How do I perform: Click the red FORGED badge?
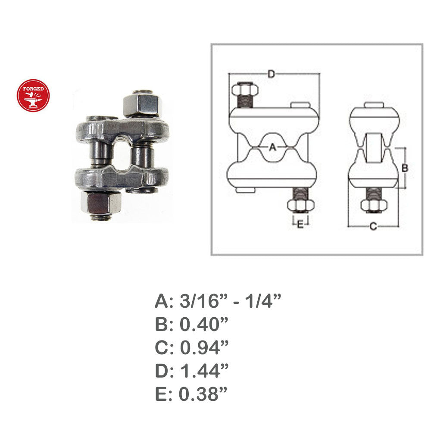tap(33, 96)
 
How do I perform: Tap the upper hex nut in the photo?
tap(141, 105)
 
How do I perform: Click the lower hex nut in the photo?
tap(101, 203)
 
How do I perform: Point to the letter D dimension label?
tap(271, 74)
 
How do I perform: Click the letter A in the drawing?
tap(272, 147)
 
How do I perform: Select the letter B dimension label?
tap(405, 168)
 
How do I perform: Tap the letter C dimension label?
tap(373, 227)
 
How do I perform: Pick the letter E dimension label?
tap(300, 224)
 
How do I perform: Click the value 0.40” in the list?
tap(204, 325)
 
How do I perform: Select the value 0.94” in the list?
tap(204, 347)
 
